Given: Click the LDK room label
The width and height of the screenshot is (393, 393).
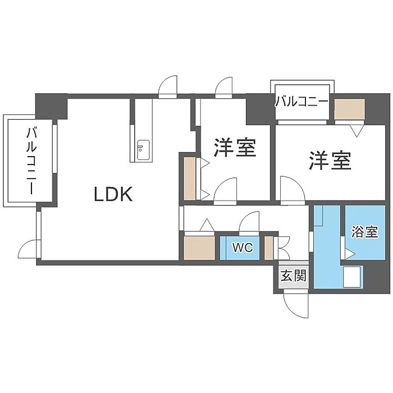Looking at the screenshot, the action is pos(113,194).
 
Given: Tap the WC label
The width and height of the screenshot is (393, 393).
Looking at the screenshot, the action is pos(243,248).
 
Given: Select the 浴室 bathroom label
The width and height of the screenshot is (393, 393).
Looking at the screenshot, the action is pos(364,231).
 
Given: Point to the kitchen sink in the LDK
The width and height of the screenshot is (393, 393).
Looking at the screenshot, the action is pos(143,150).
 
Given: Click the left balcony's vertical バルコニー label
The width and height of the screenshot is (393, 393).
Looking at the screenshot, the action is pos(31,161).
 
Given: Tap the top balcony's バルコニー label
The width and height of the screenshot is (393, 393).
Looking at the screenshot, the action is pos(302,102).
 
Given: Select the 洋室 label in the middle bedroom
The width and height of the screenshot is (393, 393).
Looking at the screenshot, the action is pos(235,147).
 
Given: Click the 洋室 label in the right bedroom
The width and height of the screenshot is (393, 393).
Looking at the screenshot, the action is pos(330,161).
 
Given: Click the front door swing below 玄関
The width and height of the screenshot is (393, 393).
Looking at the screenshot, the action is pos(296,303).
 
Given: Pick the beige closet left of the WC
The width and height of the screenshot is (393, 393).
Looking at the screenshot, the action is pos(199,248).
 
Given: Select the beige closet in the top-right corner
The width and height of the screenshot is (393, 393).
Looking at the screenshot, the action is pos(349,109).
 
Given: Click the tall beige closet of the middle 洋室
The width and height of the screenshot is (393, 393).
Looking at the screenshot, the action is pos(190,179).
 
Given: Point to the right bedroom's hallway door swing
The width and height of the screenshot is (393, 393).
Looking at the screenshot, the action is pos(293,189).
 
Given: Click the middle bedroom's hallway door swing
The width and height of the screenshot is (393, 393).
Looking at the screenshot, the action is pos(226,189).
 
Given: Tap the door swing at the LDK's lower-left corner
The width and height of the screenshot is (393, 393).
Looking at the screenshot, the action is pos(28,249).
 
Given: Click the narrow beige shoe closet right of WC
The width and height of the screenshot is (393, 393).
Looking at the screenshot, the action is pos(269,248).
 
